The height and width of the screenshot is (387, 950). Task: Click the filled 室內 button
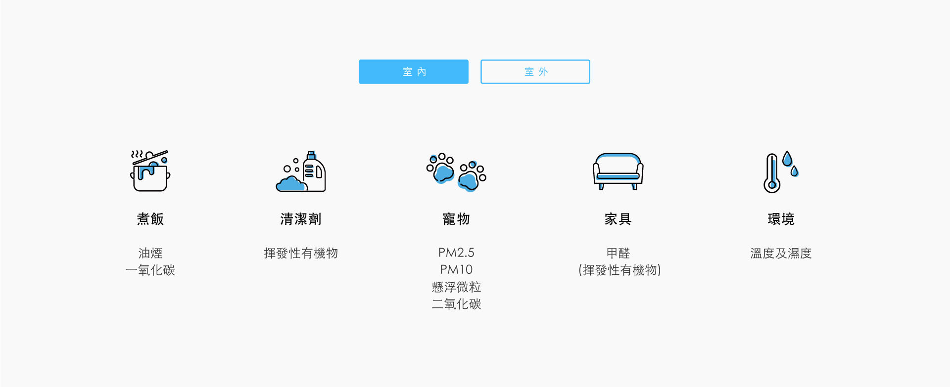click(x=413, y=72)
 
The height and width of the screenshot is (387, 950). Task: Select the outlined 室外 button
click(x=535, y=72)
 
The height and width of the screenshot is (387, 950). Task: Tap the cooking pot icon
click(x=150, y=172)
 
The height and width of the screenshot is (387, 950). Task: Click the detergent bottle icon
click(x=314, y=172)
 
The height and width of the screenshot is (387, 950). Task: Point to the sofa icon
click(x=618, y=171)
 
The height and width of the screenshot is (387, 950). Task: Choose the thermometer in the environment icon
click(x=772, y=172)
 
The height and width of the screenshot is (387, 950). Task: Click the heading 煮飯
click(x=150, y=219)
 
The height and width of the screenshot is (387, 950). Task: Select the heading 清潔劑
click(x=301, y=219)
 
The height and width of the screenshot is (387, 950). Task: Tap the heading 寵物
click(x=456, y=219)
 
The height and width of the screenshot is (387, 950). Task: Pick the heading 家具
click(x=618, y=219)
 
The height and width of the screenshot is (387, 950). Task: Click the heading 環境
click(x=781, y=219)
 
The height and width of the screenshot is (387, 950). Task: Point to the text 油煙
click(x=150, y=253)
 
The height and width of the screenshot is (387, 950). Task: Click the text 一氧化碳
click(x=150, y=270)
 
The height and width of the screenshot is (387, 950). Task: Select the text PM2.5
click(x=456, y=253)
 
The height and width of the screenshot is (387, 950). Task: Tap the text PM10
click(x=456, y=270)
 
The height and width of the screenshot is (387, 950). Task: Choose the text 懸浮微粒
click(x=456, y=287)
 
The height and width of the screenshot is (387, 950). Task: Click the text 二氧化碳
click(x=456, y=304)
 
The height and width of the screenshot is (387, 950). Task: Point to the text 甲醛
click(x=618, y=253)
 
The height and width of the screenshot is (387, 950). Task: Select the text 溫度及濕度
click(x=781, y=253)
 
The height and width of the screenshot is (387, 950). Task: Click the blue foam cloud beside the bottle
click(x=291, y=185)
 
